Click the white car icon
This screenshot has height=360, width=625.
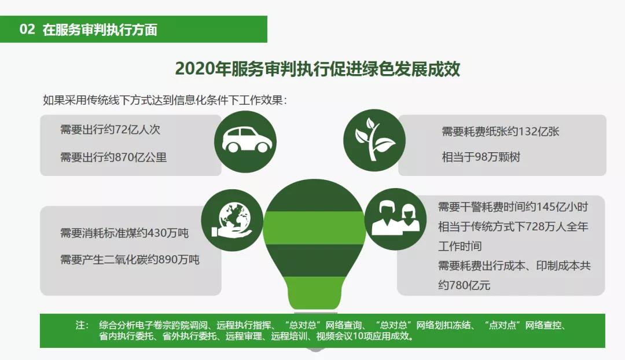tap(245, 140)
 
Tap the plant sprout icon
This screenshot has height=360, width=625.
tap(373, 139)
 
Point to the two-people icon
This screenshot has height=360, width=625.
tap(395, 218)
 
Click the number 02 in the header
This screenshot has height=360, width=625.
tap(27, 29)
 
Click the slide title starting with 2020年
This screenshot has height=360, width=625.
tap(317, 68)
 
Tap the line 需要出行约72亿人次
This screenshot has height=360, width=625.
tap(110, 130)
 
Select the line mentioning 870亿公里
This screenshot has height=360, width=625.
tap(113, 157)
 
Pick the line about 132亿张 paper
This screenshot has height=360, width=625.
tap(500, 131)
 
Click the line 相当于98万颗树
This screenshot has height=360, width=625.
tap(481, 157)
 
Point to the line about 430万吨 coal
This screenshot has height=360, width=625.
tap(124, 233)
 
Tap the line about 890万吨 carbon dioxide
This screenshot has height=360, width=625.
tap(130, 259)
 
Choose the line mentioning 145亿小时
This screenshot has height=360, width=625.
tap(513, 207)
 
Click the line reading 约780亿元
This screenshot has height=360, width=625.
tap(464, 285)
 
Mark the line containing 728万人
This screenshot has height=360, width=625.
tap(513, 226)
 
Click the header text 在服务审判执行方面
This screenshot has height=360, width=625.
tap(100, 30)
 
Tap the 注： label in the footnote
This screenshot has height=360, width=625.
tap(82, 325)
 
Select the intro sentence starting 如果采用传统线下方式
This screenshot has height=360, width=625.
tap(164, 100)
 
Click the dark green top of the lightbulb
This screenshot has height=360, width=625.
tap(314, 196)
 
